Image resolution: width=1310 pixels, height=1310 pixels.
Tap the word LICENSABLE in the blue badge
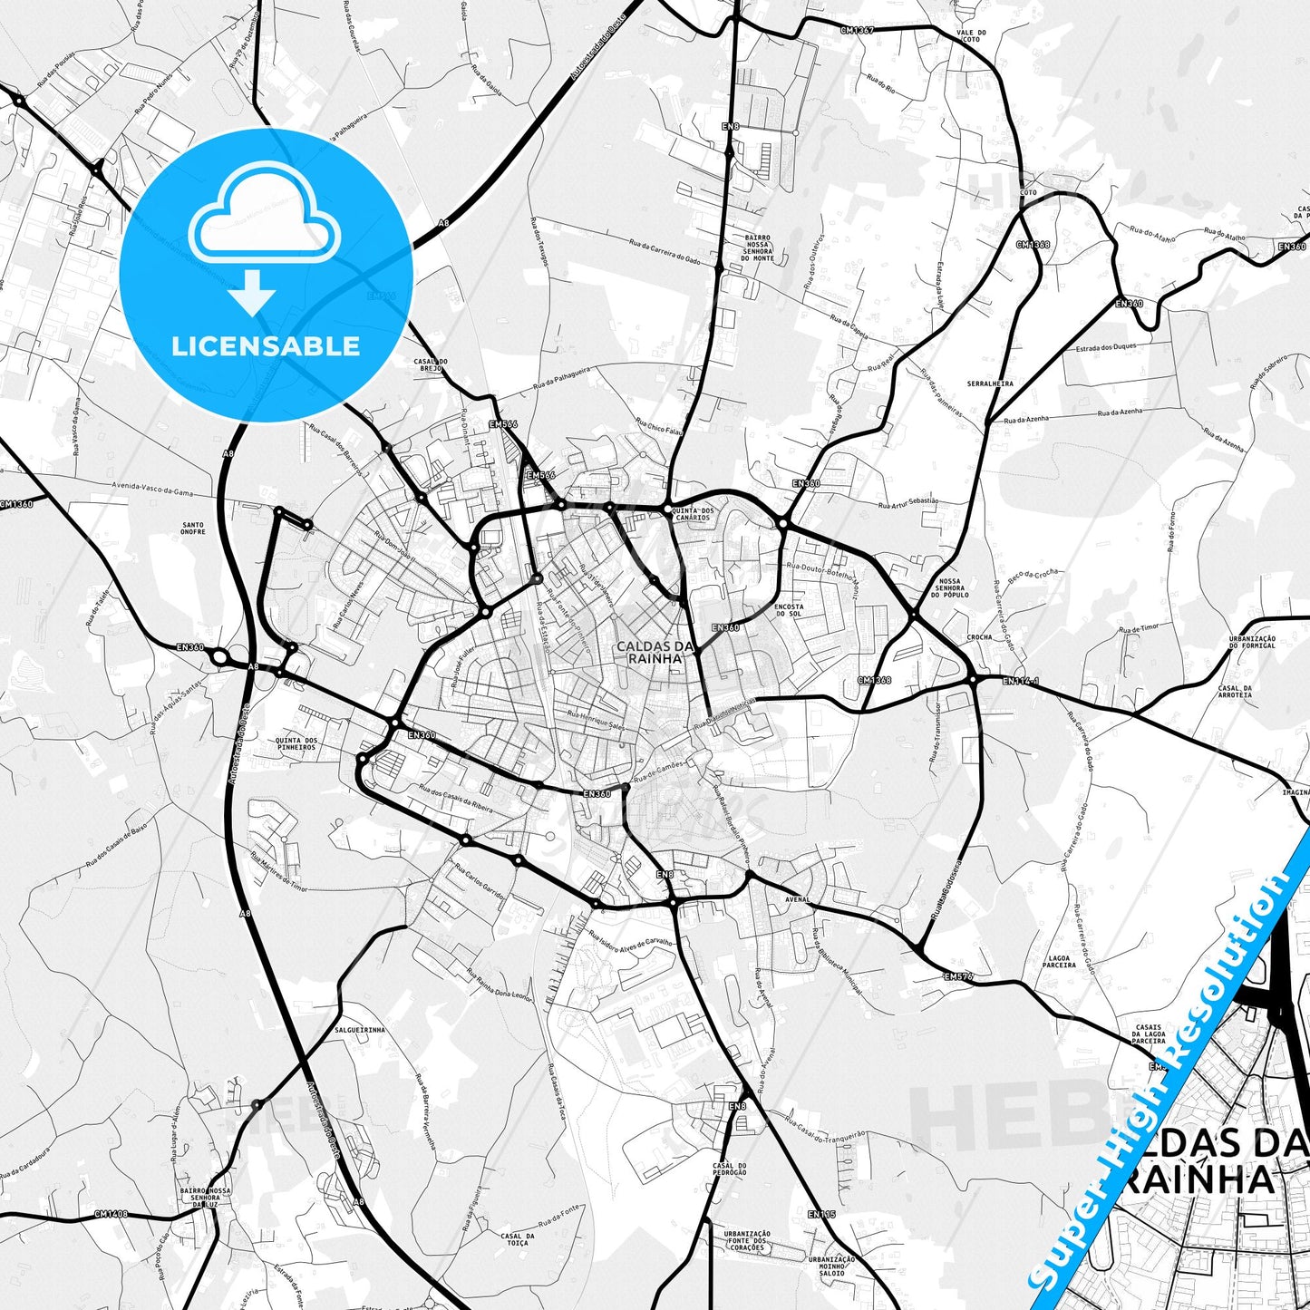pos(266,345)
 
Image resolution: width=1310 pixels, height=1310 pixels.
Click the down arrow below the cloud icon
pos(252,292)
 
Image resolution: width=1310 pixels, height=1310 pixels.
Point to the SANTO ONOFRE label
pos(192,528)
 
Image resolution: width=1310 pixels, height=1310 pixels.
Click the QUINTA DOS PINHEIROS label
pos(296,743)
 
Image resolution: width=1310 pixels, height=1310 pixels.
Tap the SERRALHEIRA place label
pos(990,383)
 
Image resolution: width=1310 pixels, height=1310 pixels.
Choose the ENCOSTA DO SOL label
pos(789,609)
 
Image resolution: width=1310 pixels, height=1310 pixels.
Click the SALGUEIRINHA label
pos(360,1030)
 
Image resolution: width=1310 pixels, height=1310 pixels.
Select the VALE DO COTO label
pos(970,61)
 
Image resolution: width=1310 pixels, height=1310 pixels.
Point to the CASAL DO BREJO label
pos(428,364)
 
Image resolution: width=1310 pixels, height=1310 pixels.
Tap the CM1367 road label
pos(857,30)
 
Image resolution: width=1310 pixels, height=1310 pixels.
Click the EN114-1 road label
pos(1021,679)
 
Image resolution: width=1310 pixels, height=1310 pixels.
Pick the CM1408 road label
pos(111,1214)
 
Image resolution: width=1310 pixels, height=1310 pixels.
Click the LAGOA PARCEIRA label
pos(1059,961)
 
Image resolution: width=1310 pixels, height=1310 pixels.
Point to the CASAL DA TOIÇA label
pos(517,1239)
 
